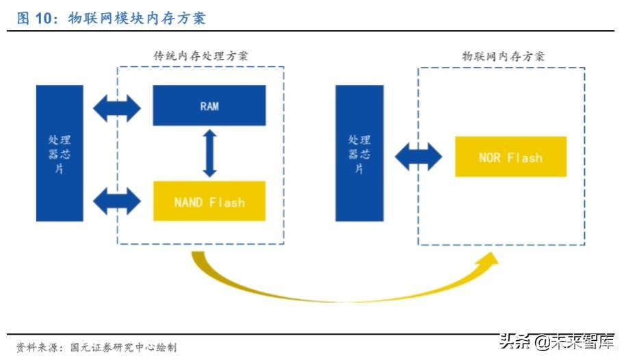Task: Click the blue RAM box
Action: [209, 105]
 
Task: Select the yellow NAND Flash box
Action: [209, 201]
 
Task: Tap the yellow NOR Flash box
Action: [510, 157]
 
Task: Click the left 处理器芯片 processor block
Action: [60, 153]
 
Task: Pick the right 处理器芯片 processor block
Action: [359, 153]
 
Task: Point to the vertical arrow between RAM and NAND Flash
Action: [209, 153]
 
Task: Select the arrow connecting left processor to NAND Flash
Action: [117, 200]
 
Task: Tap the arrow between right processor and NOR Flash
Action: [419, 157]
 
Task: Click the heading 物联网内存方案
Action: [503, 56]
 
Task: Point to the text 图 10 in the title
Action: [35, 18]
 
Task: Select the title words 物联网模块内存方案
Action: [137, 18]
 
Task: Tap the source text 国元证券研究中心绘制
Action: [123, 347]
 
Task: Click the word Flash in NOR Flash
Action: [525, 157]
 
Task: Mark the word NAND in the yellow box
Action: [190, 202]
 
